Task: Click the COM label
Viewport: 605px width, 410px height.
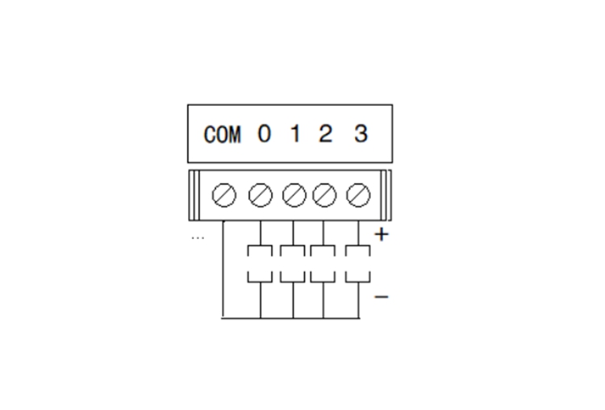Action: coord(223,134)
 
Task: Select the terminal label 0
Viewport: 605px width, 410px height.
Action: coord(265,134)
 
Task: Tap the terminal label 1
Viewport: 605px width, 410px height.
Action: coord(295,134)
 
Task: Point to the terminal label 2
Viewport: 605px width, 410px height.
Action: coord(325,134)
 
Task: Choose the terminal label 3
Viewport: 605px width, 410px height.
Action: coord(361,134)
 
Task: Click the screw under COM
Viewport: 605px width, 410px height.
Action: coord(224,195)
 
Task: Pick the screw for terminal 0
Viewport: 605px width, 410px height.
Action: coord(261,195)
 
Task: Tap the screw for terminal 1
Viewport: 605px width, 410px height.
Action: coord(294,195)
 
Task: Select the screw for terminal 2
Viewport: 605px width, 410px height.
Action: coord(324,195)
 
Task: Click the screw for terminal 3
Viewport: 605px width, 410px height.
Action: coord(358,195)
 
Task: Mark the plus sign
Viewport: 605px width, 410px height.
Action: coord(382,234)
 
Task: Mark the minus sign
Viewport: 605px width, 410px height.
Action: coord(382,296)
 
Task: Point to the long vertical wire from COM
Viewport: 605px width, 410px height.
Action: coord(223,270)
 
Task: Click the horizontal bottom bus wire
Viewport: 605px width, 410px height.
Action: coord(291,319)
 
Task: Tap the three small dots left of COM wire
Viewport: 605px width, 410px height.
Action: coord(198,238)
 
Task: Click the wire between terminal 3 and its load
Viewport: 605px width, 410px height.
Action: coord(358,232)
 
